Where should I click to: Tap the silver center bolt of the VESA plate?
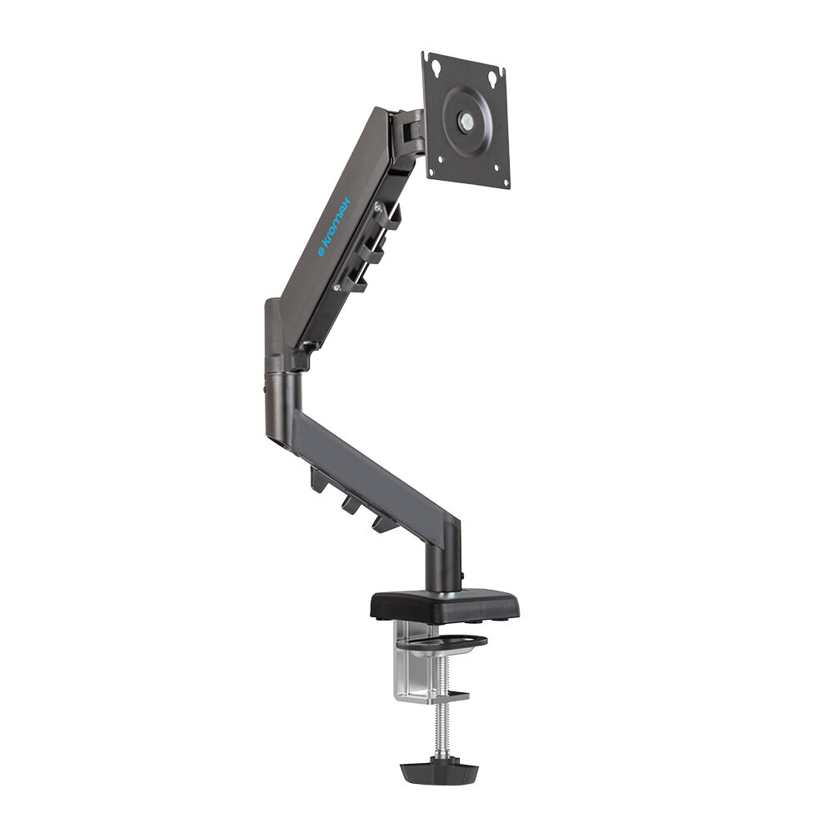[x=466, y=122]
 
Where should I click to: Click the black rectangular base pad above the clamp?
[x=445, y=602]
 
